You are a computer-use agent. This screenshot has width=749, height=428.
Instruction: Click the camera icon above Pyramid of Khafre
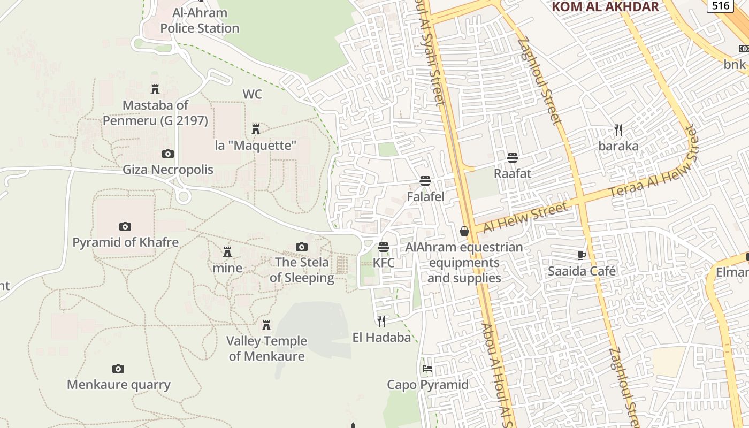pyautogui.click(x=125, y=226)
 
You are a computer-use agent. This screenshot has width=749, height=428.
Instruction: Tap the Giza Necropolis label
pyautogui.click(x=168, y=170)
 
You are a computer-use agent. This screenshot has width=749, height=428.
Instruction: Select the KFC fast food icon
pyautogui.click(x=384, y=247)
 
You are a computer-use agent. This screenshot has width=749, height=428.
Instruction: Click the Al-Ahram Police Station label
pyautogui.click(x=200, y=20)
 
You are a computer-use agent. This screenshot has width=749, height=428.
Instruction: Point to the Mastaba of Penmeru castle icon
pyautogui.click(x=155, y=89)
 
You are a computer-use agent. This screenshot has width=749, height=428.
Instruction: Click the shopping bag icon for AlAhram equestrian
pyautogui.click(x=464, y=231)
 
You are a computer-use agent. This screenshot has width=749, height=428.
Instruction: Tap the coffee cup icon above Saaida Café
pyautogui.click(x=582, y=255)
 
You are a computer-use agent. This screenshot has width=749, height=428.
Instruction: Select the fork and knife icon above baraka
pyautogui.click(x=618, y=130)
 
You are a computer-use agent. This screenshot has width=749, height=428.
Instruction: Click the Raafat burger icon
pyautogui.click(x=513, y=158)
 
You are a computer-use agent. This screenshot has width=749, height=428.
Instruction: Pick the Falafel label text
pyautogui.click(x=425, y=196)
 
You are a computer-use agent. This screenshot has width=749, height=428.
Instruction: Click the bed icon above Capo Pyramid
pyautogui.click(x=427, y=369)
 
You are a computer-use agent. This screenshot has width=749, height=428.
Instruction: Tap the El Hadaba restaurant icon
pyautogui.click(x=381, y=321)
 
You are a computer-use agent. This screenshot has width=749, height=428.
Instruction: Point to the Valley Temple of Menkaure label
pyautogui.click(x=266, y=348)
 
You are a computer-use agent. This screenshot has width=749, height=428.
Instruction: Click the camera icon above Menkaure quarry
pyautogui.click(x=118, y=369)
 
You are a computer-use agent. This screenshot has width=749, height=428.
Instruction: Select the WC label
pyautogui.click(x=253, y=94)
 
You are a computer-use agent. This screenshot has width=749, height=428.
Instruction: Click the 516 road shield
pyautogui.click(x=720, y=5)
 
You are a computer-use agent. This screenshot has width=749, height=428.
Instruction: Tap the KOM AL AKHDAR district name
pyautogui.click(x=605, y=6)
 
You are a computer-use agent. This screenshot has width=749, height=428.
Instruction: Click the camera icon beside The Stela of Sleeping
pyautogui.click(x=302, y=247)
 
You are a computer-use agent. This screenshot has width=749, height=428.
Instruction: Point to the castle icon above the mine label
pyautogui.click(x=227, y=251)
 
